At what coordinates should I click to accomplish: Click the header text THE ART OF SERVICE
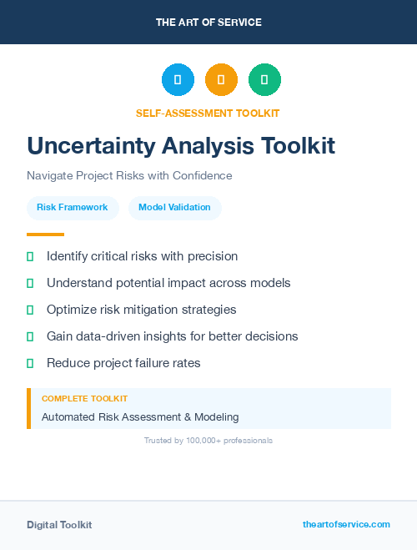pyautogui.click(x=208, y=23)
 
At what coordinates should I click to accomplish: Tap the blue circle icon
pyautogui.click(x=178, y=80)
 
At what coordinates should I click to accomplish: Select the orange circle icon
pyautogui.click(x=221, y=80)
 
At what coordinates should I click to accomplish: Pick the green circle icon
pyautogui.click(x=264, y=80)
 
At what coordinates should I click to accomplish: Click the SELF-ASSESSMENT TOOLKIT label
pyautogui.click(x=208, y=113)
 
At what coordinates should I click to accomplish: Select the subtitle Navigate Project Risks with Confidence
pyautogui.click(x=129, y=176)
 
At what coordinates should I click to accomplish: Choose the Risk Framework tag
pyautogui.click(x=73, y=208)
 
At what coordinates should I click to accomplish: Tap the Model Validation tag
pyautogui.click(x=174, y=208)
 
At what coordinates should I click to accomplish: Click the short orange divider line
pyautogui.click(x=45, y=235)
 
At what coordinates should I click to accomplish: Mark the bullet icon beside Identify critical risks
pyautogui.click(x=30, y=256)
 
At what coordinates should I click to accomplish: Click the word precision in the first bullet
pyautogui.click(x=212, y=256)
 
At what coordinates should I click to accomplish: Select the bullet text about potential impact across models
pyautogui.click(x=168, y=283)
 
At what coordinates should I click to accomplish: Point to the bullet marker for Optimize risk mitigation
pyautogui.click(x=30, y=310)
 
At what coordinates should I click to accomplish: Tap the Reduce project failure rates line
pyautogui.click(x=123, y=363)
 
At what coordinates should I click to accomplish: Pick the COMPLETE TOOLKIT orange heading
pyautogui.click(x=84, y=399)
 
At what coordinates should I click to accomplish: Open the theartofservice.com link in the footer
pyautogui.click(x=346, y=524)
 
